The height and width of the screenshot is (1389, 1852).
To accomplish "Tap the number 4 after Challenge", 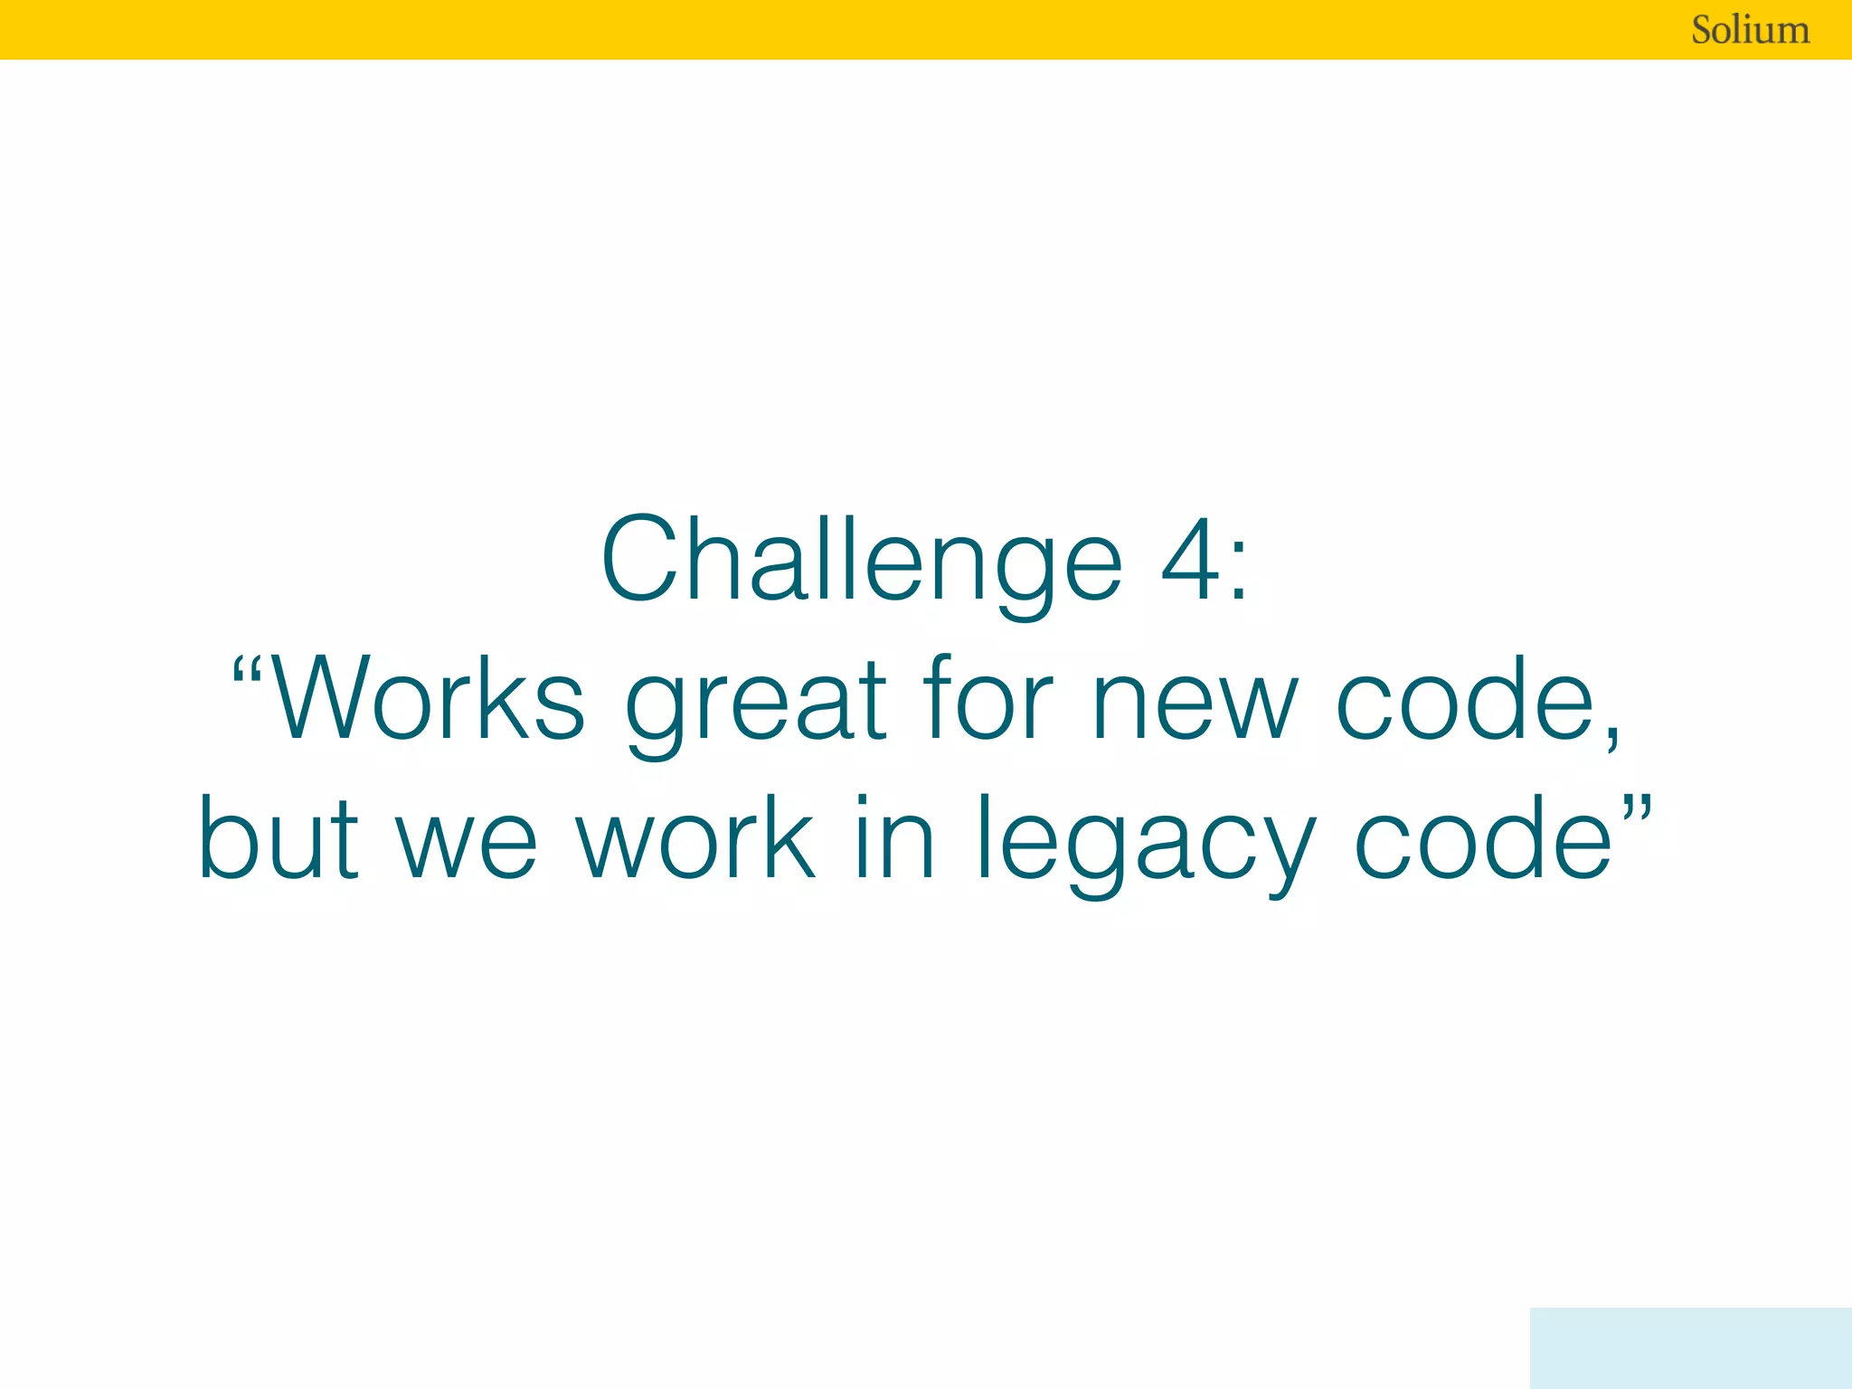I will [1191, 561].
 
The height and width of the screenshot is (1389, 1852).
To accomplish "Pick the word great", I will [756, 705].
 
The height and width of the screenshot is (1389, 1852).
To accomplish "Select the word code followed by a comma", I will [1465, 700].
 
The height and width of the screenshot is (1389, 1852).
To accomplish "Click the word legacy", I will [1145, 845].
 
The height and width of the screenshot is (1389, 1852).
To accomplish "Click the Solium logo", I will [1750, 30].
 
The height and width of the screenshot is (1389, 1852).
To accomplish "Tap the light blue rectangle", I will [1690, 1347].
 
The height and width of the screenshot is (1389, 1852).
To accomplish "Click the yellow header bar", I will [814, 30].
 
